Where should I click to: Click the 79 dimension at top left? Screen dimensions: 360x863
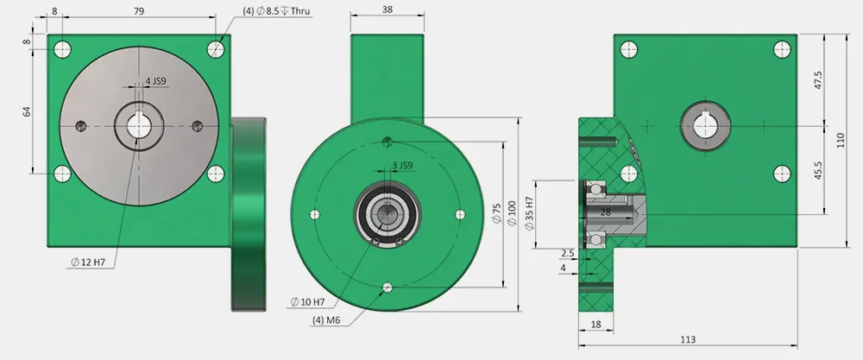[139, 11]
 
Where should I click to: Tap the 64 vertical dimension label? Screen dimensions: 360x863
[27, 111]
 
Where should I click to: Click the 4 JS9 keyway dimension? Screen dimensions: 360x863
[157, 81]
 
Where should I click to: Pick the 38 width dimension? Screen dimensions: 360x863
[387, 9]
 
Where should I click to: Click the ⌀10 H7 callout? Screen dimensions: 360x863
[307, 301]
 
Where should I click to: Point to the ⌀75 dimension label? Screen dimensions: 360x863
[496, 213]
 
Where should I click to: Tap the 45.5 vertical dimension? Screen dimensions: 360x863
[818, 170]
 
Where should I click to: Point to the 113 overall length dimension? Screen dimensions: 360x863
[687, 340]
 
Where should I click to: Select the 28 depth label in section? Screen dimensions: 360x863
[605, 212]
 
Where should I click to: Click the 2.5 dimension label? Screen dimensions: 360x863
[566, 253]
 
